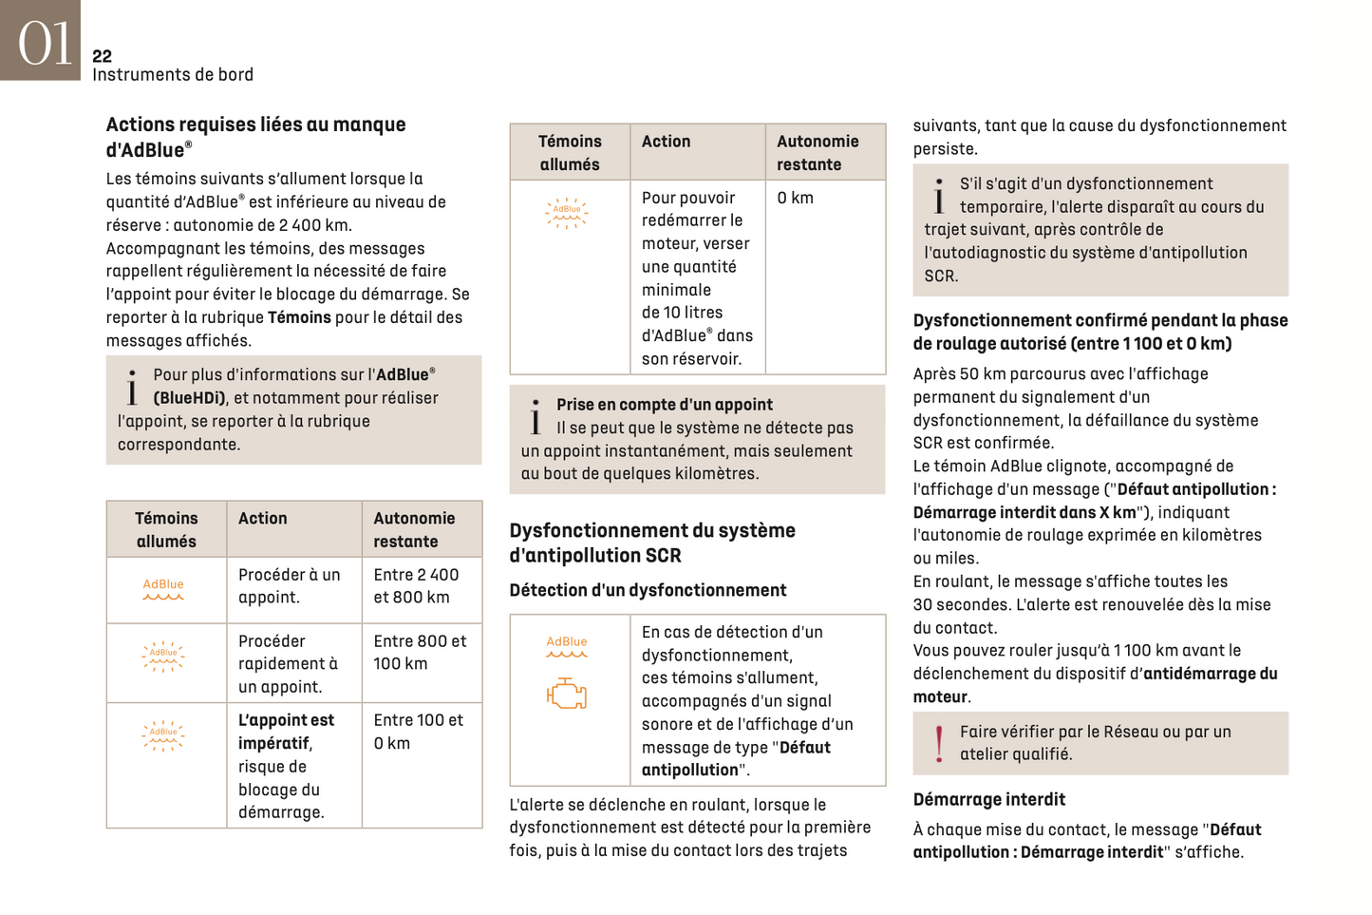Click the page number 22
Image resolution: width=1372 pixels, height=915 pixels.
(102, 56)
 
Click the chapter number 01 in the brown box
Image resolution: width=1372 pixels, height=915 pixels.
(44, 44)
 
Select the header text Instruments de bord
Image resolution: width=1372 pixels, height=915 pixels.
(172, 74)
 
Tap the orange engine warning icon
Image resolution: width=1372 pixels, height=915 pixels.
(567, 694)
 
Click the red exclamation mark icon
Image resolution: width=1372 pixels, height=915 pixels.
(938, 743)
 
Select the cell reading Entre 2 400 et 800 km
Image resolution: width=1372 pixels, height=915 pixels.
(416, 586)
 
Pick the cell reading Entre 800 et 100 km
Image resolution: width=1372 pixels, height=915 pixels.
(420, 653)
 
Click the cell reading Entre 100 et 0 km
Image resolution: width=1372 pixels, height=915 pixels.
(418, 732)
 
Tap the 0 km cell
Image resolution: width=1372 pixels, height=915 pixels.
(795, 198)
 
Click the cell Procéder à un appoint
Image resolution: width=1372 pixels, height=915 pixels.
(289, 586)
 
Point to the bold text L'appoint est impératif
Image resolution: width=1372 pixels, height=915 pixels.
(285, 731)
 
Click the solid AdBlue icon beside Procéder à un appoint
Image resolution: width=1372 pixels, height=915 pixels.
(163, 589)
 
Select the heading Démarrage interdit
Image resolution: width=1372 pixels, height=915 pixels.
(988, 799)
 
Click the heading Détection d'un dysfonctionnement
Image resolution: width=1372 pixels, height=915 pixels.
(648, 590)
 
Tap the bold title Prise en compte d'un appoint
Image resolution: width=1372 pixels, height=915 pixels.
(664, 405)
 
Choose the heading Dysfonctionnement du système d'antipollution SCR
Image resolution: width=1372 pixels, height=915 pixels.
(651, 543)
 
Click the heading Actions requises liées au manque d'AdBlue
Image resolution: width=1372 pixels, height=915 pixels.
(255, 137)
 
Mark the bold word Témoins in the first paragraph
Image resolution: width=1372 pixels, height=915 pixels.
(299, 317)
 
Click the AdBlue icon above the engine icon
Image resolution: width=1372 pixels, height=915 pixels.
(567, 646)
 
